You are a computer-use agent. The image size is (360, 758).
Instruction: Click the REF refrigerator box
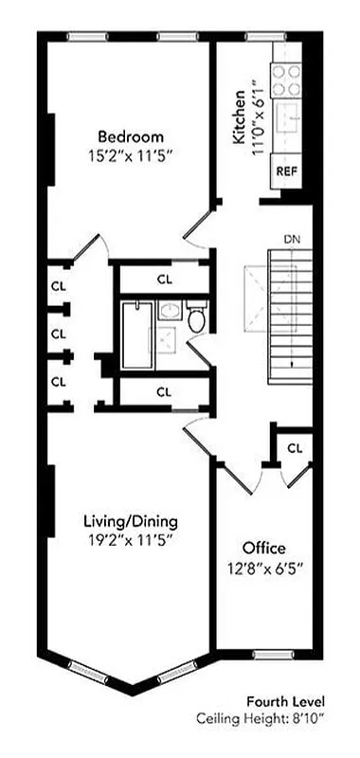tap(285, 171)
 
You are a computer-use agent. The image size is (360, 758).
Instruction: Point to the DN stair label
tap(292, 239)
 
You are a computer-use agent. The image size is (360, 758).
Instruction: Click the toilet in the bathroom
tap(196, 320)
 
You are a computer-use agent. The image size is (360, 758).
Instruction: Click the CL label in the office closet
tap(295, 447)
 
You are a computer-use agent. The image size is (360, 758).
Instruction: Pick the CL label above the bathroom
tap(164, 280)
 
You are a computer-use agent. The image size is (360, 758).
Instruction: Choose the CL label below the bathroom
tap(164, 390)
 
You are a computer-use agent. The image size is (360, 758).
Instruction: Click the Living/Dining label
tap(131, 522)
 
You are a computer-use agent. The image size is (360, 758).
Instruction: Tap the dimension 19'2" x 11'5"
tap(131, 540)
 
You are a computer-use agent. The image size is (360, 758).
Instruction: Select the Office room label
tap(264, 549)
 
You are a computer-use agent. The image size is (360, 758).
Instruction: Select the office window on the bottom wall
tap(271, 655)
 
